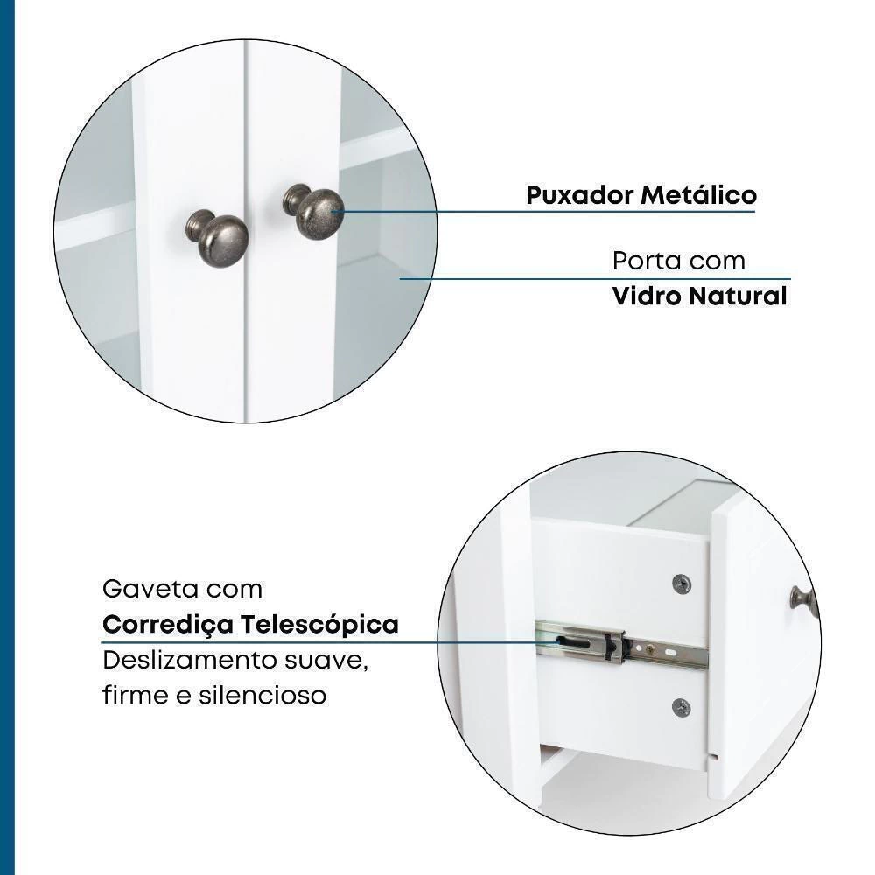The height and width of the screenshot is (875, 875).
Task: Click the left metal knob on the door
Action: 217,238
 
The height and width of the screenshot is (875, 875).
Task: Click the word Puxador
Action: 579,195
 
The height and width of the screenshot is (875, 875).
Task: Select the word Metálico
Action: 698,195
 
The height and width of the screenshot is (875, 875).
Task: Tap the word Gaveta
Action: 150,589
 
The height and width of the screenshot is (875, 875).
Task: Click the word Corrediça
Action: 168,625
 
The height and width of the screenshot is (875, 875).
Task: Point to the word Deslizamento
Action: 190,660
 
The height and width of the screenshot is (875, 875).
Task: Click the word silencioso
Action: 262,696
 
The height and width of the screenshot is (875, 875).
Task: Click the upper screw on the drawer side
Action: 682,584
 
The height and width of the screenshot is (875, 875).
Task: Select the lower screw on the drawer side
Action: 681,708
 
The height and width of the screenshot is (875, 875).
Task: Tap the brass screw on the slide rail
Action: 649,649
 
